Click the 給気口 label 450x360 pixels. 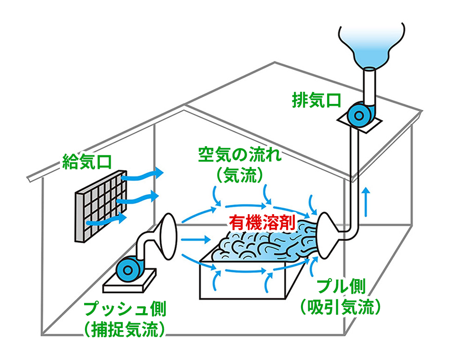point(87,162)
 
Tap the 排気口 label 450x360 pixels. point(316,100)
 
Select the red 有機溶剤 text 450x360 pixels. point(262,222)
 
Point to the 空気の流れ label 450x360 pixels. point(240,155)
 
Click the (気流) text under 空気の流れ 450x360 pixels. point(240,175)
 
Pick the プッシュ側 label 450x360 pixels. point(125,309)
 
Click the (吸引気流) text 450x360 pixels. point(341,307)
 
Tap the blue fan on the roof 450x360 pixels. point(359,115)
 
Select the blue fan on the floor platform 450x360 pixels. point(129,269)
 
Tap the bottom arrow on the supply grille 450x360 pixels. point(107,220)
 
